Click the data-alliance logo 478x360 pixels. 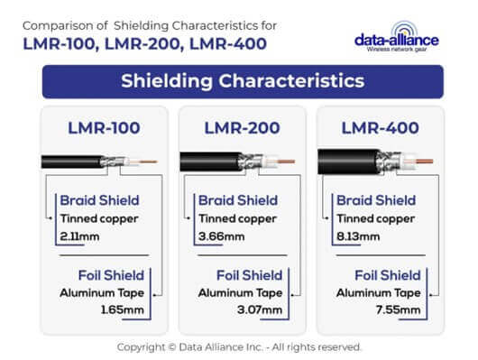(396, 41)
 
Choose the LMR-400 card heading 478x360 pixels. (380, 128)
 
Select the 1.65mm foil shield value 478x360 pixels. (127, 309)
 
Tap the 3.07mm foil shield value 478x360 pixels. (267, 309)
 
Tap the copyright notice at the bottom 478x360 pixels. (239, 346)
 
